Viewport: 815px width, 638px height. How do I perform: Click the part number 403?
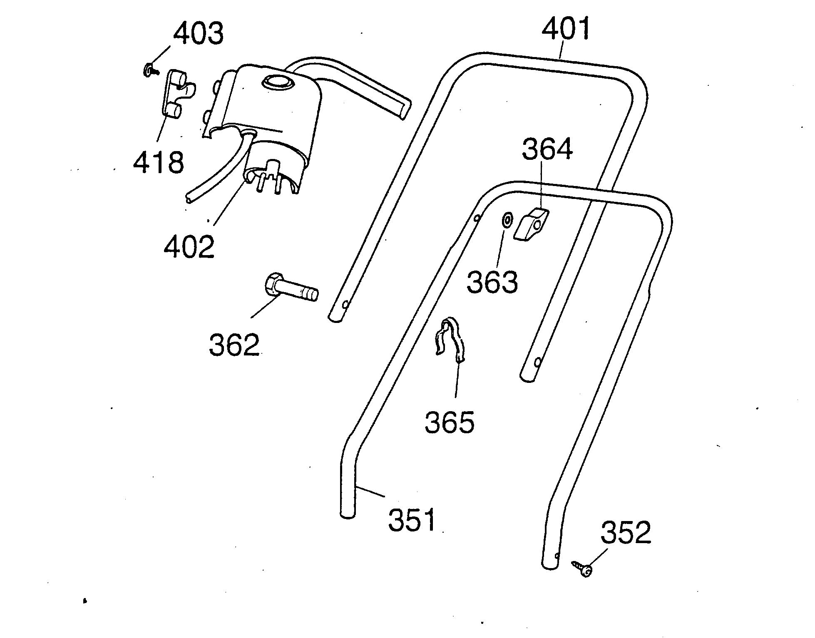click(x=198, y=33)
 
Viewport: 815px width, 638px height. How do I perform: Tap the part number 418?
click(x=158, y=162)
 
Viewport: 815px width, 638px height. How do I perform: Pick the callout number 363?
click(x=492, y=282)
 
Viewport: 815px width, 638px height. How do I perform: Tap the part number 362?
click(x=234, y=344)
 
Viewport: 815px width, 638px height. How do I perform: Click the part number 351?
click(x=412, y=519)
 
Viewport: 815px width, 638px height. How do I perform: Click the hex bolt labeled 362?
click(x=291, y=289)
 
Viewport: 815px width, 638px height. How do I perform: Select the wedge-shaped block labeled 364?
click(x=532, y=225)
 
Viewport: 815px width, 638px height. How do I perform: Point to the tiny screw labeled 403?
click(x=150, y=71)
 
